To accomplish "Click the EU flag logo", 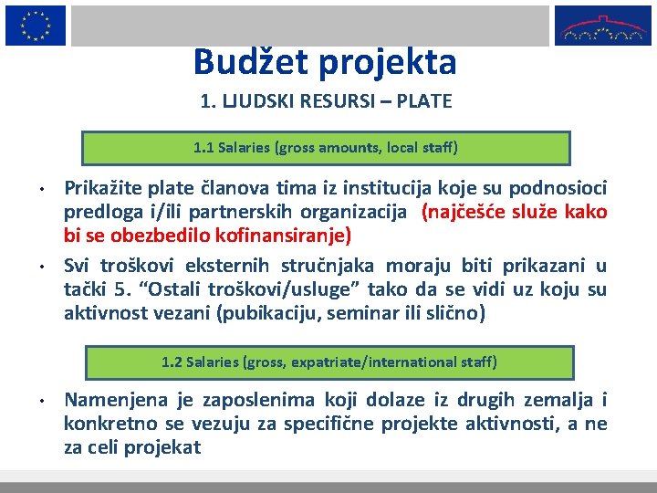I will [35, 25].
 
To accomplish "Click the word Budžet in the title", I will [245, 61].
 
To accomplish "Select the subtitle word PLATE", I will [423, 101].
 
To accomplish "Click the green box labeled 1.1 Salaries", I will [326, 147].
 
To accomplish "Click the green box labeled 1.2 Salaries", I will [329, 362].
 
